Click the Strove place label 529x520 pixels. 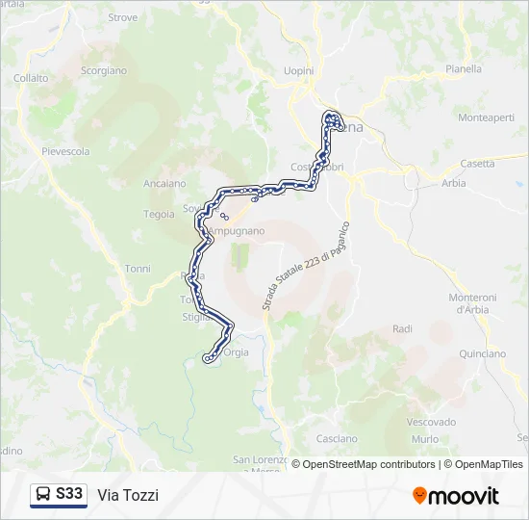click(123, 17)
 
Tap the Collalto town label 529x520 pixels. click(32, 78)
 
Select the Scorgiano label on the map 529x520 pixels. click(104, 70)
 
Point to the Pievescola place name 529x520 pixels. click(65, 151)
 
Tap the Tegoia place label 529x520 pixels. click(159, 214)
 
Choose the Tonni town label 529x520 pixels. click(138, 269)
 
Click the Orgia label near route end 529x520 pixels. click(236, 352)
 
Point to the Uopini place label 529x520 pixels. click(299, 71)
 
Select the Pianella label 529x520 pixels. click(464, 69)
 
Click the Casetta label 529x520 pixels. click(478, 164)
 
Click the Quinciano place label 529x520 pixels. click(483, 353)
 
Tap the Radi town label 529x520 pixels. click(402, 329)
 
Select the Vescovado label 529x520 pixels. click(431, 422)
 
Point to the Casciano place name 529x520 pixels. click(337, 438)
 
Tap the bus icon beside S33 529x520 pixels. click(43, 494)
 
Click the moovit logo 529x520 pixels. click(456, 496)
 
